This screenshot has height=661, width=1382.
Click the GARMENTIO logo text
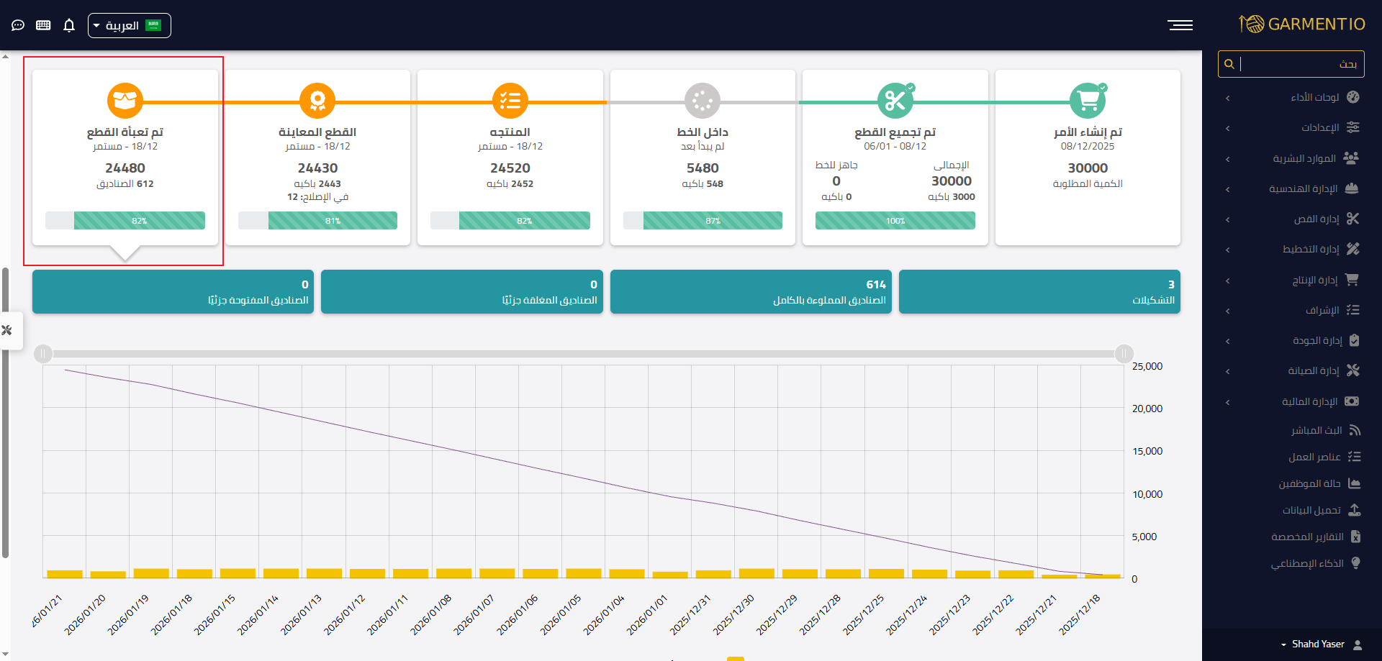click(1316, 24)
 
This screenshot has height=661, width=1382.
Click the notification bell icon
click(69, 26)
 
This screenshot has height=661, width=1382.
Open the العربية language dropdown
click(129, 26)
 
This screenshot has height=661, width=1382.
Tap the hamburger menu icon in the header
click(1180, 25)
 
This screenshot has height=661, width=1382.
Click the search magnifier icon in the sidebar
click(1229, 64)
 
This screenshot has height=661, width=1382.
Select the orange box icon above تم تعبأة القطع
click(125, 101)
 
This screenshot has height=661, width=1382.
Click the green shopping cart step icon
click(1087, 101)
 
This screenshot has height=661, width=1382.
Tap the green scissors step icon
click(895, 101)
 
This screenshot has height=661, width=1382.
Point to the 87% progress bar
click(703, 221)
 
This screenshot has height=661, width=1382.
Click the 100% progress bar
click(895, 221)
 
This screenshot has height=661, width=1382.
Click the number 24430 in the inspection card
click(317, 168)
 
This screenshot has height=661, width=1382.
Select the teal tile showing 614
click(751, 292)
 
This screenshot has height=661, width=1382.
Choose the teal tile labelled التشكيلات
click(1039, 292)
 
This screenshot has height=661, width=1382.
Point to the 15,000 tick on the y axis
click(1147, 452)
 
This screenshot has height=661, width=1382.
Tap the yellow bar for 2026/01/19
click(151, 573)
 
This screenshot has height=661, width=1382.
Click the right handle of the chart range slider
click(1124, 353)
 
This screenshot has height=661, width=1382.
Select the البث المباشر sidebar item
click(1316, 431)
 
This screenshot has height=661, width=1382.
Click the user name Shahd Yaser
click(1317, 644)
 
